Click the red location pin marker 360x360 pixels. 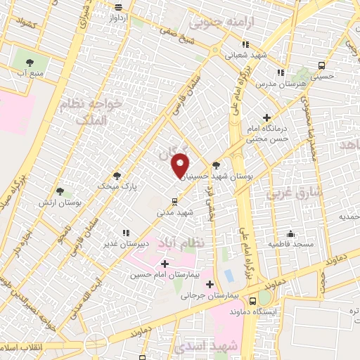pos(181,167)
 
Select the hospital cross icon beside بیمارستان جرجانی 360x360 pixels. pos(210,285)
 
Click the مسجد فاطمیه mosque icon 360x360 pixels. pos(291,233)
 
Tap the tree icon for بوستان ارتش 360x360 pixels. pos(59,191)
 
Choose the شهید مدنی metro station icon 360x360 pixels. pos(174,202)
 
